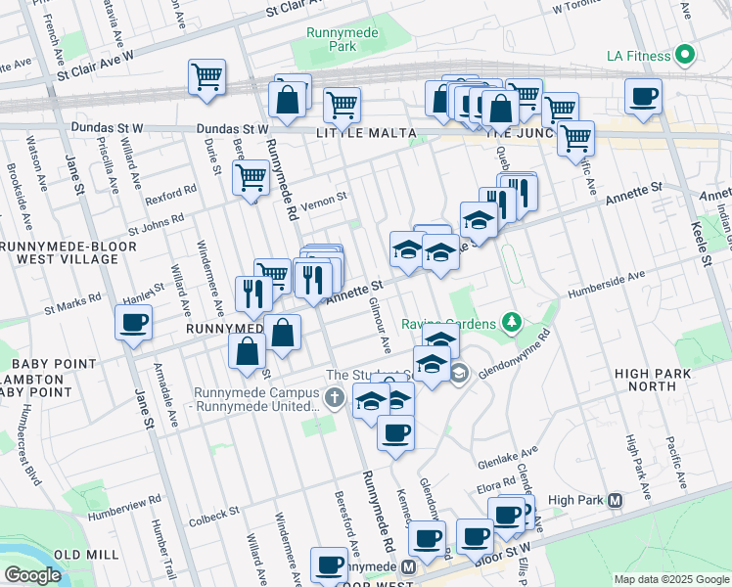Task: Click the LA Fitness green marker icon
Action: pyautogui.click(x=685, y=54)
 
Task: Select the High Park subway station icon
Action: pyautogui.click(x=616, y=500)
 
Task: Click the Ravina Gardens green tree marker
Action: pyautogui.click(x=509, y=321)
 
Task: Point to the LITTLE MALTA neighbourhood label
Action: pyautogui.click(x=353, y=133)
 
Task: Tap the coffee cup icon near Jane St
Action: pyautogui.click(x=133, y=322)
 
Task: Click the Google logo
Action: pyautogui.click(x=31, y=575)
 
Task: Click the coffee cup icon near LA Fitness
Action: pyautogui.click(x=643, y=97)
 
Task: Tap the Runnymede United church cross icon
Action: pyautogui.click(x=335, y=397)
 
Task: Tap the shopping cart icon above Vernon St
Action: pyautogui.click(x=251, y=178)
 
